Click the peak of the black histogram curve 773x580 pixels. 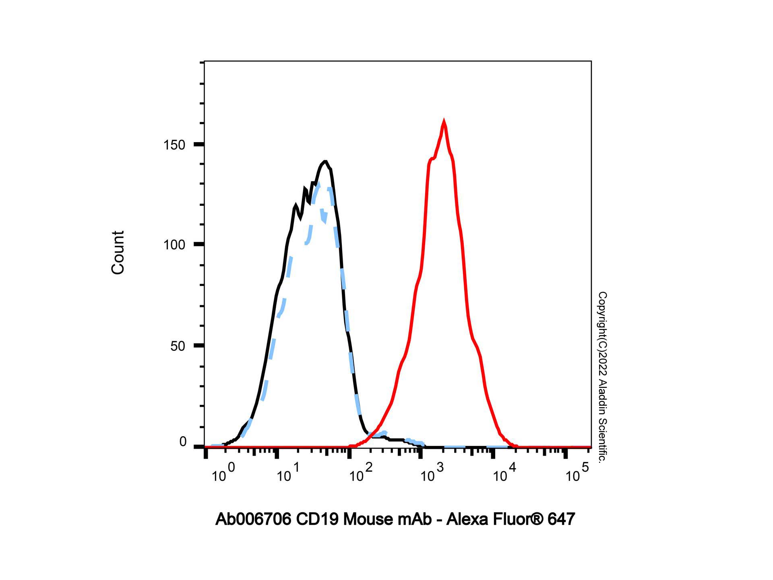click(325, 162)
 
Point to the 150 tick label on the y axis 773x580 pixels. click(174, 145)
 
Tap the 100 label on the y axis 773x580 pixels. click(174, 245)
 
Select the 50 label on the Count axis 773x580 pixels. click(178, 346)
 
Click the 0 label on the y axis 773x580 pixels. click(183, 442)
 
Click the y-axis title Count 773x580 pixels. click(118, 253)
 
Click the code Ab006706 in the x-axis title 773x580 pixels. click(253, 520)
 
